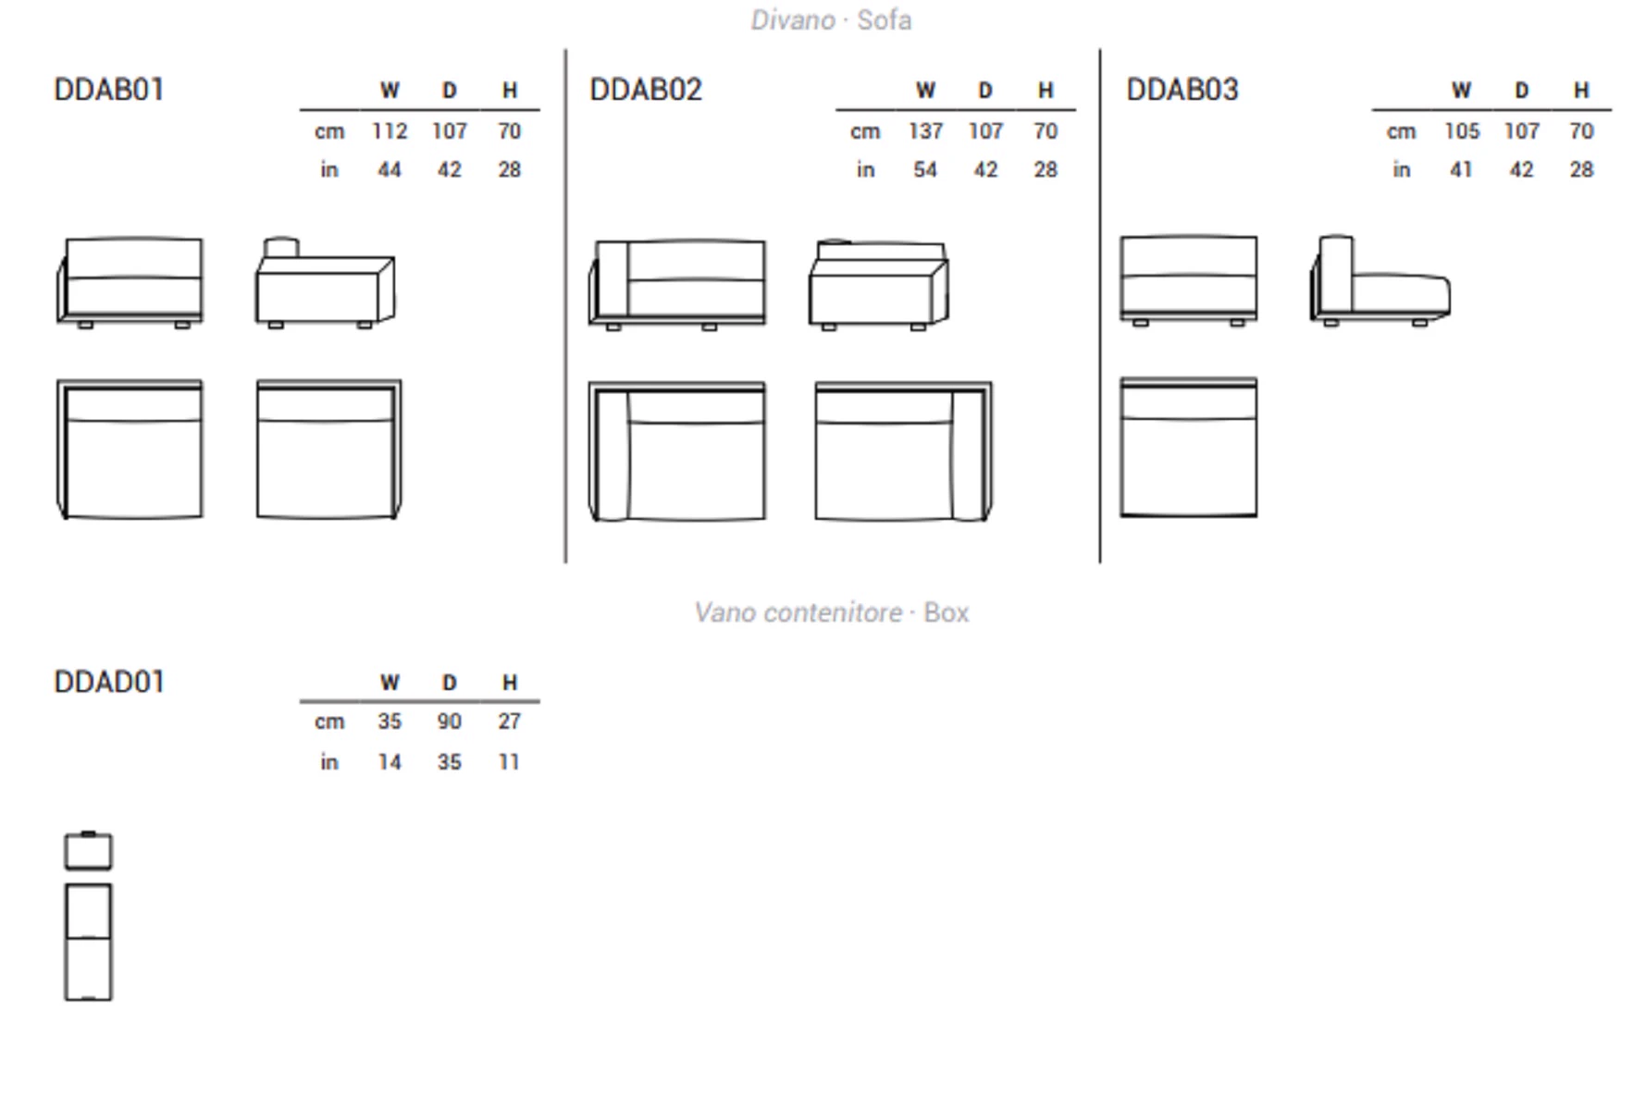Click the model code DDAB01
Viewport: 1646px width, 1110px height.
click(x=109, y=90)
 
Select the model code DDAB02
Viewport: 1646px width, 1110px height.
click(x=646, y=90)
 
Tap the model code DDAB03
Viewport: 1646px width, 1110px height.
click(x=1182, y=90)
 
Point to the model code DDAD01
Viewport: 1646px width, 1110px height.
click(x=109, y=682)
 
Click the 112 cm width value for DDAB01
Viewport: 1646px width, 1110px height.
click(x=390, y=131)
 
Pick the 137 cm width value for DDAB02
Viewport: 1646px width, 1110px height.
click(x=925, y=131)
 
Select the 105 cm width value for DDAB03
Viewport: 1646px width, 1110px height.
click(x=1462, y=131)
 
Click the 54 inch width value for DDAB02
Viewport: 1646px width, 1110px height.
click(x=925, y=170)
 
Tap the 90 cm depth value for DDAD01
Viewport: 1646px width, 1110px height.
click(x=450, y=721)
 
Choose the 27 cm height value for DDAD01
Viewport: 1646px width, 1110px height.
click(x=509, y=721)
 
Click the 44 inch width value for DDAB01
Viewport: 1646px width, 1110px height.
click(x=390, y=170)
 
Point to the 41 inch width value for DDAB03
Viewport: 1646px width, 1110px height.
click(x=1461, y=170)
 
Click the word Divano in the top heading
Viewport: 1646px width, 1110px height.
click(x=793, y=20)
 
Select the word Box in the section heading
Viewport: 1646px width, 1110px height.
click(x=947, y=612)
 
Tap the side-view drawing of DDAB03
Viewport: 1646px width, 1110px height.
click(x=1380, y=280)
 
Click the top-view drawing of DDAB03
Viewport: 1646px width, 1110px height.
click(x=1189, y=448)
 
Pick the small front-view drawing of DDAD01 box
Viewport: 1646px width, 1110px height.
click(x=88, y=851)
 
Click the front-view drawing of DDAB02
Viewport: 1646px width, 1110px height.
click(x=677, y=284)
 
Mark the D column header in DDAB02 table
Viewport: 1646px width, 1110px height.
click(x=985, y=91)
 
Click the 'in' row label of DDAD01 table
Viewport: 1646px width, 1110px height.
click(x=329, y=762)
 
